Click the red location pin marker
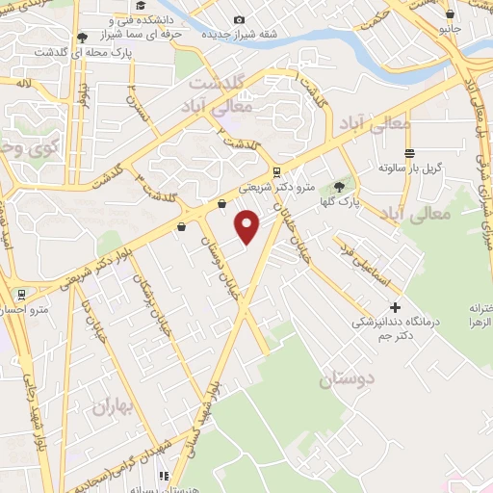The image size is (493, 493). (x=248, y=227)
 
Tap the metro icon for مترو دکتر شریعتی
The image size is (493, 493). (x=277, y=173)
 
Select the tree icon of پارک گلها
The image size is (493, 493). (x=339, y=187)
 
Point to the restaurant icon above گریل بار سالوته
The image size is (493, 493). (x=409, y=153)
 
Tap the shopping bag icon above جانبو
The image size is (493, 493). (x=451, y=13)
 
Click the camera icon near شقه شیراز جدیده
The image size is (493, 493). (x=239, y=19)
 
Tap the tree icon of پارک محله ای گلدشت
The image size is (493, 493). (x=82, y=38)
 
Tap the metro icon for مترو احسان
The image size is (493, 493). (x=19, y=294)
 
